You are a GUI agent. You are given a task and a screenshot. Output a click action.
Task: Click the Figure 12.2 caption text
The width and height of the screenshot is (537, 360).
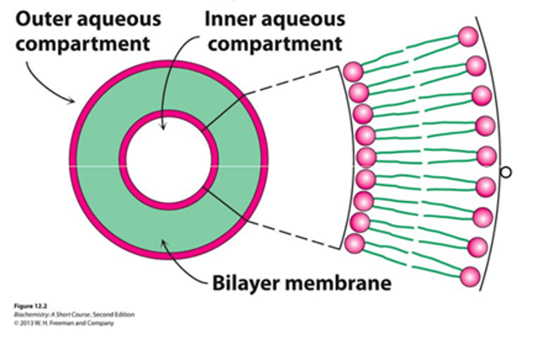[31, 306]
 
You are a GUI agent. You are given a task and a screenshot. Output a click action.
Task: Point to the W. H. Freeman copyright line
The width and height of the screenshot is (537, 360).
[63, 323]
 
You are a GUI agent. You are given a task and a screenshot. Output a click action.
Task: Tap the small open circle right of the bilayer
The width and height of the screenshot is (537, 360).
[506, 173]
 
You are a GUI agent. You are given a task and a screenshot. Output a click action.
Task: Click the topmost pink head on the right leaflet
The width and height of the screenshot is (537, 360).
[468, 37]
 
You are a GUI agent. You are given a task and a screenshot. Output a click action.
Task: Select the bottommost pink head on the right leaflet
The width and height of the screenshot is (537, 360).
[470, 277]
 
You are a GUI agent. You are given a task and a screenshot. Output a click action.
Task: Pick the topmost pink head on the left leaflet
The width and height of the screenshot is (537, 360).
[353, 72]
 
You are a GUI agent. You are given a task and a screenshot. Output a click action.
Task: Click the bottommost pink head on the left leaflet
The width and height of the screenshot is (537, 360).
[354, 243]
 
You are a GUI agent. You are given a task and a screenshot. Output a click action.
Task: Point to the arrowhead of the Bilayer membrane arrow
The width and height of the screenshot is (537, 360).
[163, 243]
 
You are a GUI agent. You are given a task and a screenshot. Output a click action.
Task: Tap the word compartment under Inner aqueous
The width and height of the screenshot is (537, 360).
[275, 44]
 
